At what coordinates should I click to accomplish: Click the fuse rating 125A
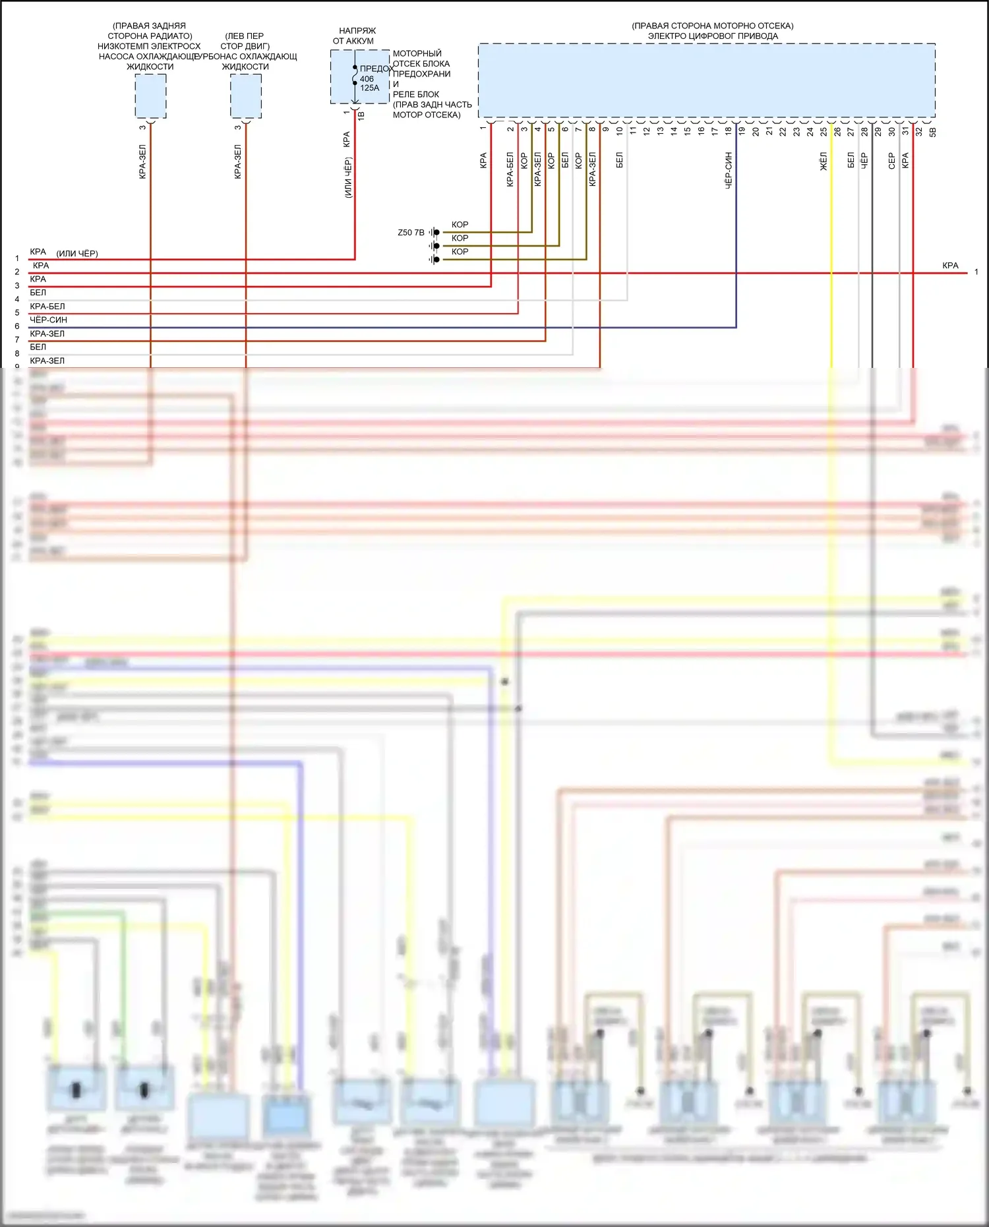click(x=369, y=88)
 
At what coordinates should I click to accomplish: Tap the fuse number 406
click(x=367, y=79)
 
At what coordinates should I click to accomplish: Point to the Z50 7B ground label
click(x=411, y=233)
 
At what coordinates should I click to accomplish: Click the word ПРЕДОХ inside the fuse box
click(x=376, y=69)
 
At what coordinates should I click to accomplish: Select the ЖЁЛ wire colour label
click(x=824, y=162)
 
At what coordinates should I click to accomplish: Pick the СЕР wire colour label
click(x=892, y=161)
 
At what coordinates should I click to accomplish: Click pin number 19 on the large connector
click(x=742, y=131)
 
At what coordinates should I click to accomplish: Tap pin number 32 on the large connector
click(x=918, y=131)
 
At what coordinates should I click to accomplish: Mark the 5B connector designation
click(x=932, y=132)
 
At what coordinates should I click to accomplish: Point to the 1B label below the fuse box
click(x=361, y=115)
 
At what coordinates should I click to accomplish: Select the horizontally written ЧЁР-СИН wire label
click(x=48, y=320)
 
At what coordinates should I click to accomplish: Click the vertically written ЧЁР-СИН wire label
click(x=729, y=171)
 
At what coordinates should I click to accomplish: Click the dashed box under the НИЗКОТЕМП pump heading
click(x=150, y=96)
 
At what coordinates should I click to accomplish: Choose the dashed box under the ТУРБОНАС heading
click(x=246, y=96)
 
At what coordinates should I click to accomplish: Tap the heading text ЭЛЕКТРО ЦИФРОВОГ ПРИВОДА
click(x=713, y=36)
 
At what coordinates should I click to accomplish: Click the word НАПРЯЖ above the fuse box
click(x=357, y=31)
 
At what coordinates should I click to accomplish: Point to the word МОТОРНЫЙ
click(x=417, y=53)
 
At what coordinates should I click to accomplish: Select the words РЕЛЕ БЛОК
click(x=416, y=94)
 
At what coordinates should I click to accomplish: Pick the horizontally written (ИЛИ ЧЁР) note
click(x=77, y=253)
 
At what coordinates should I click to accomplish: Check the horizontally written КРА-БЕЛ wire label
click(x=47, y=307)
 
